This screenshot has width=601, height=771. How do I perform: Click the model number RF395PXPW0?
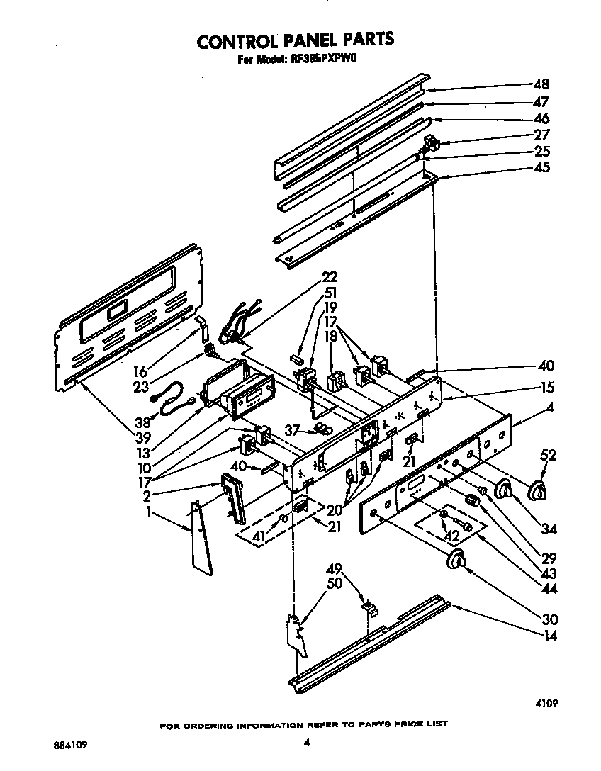[x=324, y=61]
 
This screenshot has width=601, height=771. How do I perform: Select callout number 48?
[x=541, y=84]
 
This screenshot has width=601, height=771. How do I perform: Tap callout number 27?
[x=541, y=135]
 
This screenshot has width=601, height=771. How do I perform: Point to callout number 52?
[x=549, y=455]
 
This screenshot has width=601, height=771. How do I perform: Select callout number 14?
[x=549, y=636]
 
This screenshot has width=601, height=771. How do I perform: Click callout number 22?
[x=330, y=277]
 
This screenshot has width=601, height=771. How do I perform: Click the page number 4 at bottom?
[x=306, y=743]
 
